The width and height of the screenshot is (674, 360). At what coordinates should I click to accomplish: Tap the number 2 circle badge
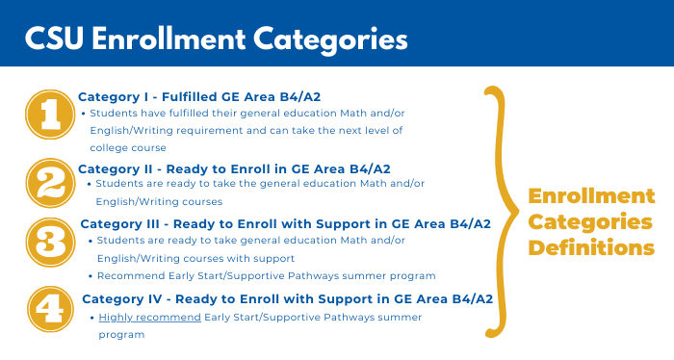pyautogui.click(x=45, y=183)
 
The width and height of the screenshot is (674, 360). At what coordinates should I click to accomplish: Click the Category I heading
pyautogui.click(x=232, y=96)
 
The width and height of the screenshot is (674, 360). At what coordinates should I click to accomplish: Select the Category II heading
pyautogui.click(x=234, y=168)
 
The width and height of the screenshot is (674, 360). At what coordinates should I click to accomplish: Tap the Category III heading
pyautogui.click(x=286, y=223)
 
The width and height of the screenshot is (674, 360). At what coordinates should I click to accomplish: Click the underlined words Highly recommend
pyautogui.click(x=149, y=317)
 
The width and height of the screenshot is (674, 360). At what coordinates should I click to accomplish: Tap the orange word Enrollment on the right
pyautogui.click(x=591, y=196)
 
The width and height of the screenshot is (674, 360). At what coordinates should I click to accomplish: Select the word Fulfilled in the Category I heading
pyautogui.click(x=199, y=96)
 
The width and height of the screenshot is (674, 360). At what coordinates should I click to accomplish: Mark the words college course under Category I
pyautogui.click(x=128, y=147)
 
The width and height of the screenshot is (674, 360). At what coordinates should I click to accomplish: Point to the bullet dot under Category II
pyautogui.click(x=90, y=184)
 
